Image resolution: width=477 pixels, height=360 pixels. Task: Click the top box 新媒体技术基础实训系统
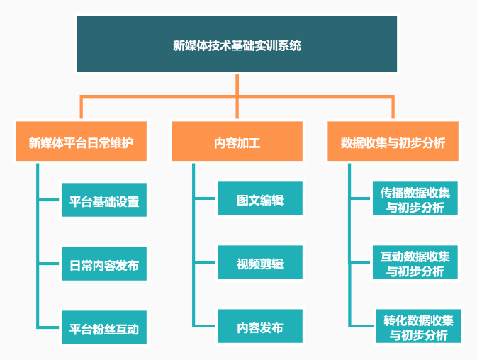[237, 44]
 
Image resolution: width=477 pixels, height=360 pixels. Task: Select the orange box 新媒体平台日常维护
[82, 141]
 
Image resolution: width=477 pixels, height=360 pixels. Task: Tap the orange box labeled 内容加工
[237, 141]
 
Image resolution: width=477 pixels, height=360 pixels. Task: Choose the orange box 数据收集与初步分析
[393, 141]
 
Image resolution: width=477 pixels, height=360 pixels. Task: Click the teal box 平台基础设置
[104, 200]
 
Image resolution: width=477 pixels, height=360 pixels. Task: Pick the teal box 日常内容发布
[104, 264]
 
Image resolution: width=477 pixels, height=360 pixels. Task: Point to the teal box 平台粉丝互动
[104, 327]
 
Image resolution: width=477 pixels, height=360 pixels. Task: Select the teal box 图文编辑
[260, 198]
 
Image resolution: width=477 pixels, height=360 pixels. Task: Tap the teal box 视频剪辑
[260, 262]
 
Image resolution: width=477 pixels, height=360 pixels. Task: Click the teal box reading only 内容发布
[260, 326]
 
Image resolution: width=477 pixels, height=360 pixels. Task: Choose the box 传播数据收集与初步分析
[415, 198]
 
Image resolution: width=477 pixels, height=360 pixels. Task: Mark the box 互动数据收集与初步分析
[415, 262]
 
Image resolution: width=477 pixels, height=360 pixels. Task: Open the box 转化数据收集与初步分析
[419, 326]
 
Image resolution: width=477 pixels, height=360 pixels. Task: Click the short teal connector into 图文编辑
[205, 198]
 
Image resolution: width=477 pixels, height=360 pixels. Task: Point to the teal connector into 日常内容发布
[49, 264]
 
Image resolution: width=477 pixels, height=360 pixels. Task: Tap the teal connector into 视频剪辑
[205, 262]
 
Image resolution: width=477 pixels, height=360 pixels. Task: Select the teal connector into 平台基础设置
[49, 200]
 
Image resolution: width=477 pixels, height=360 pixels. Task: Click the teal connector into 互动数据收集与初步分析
[361, 262]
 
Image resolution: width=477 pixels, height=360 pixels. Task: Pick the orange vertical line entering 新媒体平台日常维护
[82, 108]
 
